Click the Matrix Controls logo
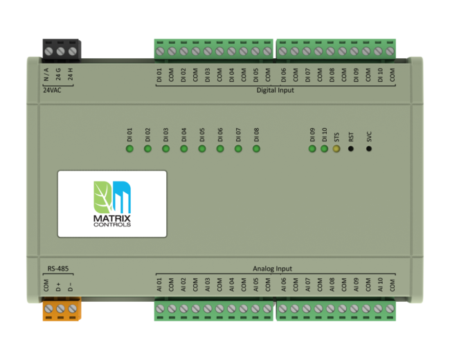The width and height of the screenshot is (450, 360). (x=111, y=204)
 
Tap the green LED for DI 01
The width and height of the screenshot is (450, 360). (x=129, y=149)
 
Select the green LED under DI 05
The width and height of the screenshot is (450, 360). (x=202, y=149)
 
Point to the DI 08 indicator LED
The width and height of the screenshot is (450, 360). (x=256, y=149)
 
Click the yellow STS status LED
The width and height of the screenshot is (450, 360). (x=336, y=149)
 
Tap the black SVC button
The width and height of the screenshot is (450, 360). (x=369, y=149)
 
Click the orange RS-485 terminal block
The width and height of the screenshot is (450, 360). (x=61, y=308)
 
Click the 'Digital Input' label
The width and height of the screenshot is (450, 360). (x=276, y=90)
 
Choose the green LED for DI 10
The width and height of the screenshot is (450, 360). (x=324, y=149)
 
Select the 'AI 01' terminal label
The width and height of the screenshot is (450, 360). (x=160, y=284)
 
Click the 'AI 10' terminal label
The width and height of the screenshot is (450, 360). (x=380, y=284)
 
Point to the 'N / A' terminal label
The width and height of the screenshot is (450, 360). (x=46, y=73)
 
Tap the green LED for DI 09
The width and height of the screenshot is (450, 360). (x=312, y=149)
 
